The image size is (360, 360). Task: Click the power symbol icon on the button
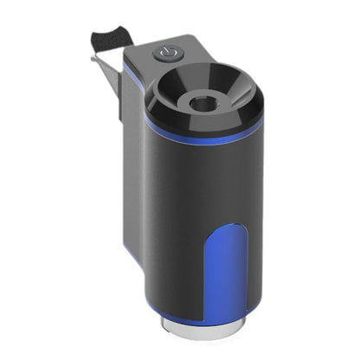[165, 55]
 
